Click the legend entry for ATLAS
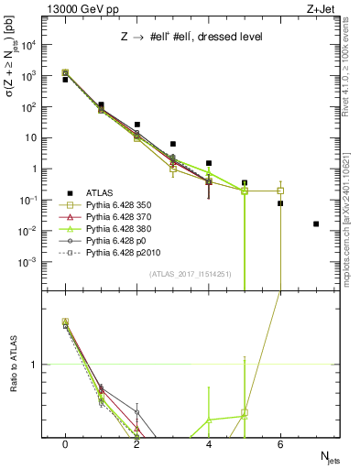coord(102,193)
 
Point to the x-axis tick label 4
coord(209,444)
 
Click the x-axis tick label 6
coord(280,444)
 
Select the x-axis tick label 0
coord(65,444)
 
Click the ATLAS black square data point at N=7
coord(316,224)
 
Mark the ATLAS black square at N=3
coord(173,144)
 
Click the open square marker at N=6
coord(280,191)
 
